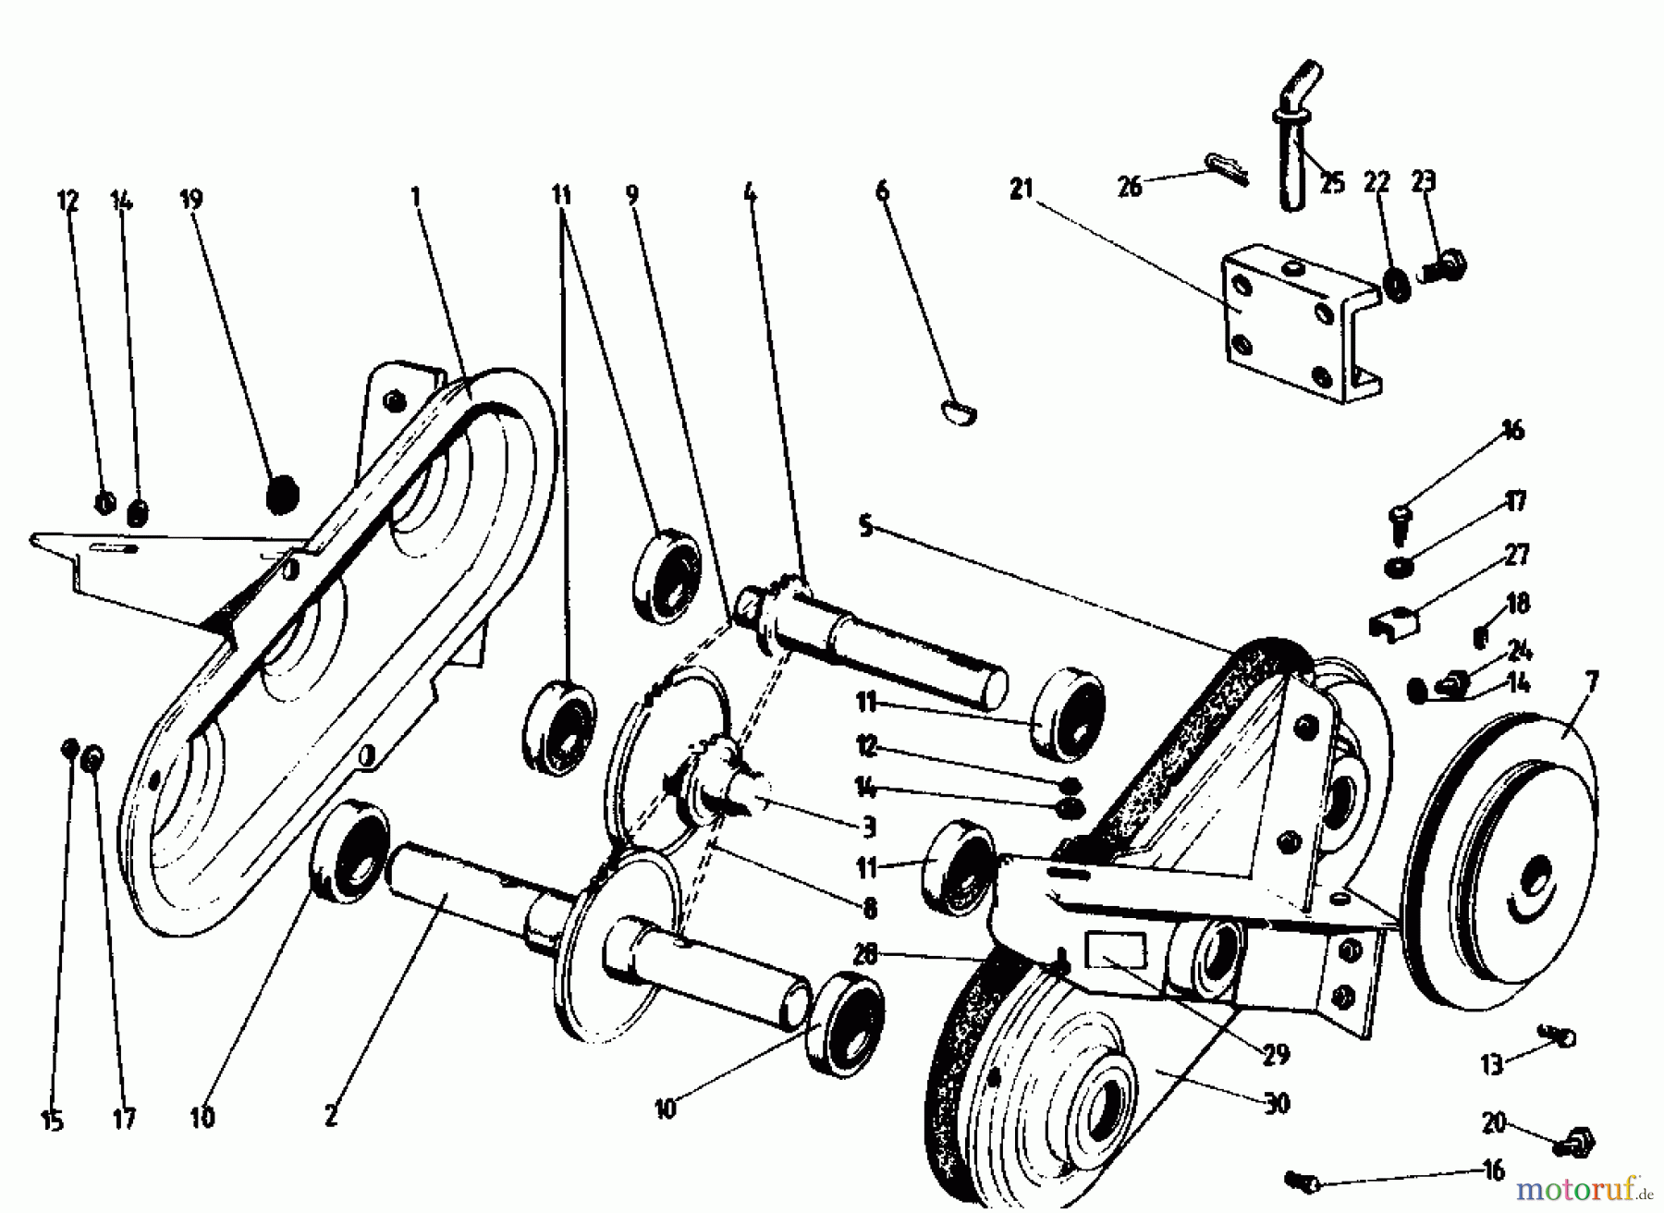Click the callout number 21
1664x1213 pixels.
pyautogui.click(x=1021, y=190)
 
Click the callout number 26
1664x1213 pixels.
pyautogui.click(x=1130, y=187)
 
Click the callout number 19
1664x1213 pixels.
pyautogui.click(x=191, y=200)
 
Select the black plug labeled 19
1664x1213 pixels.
pyautogui.click(x=284, y=494)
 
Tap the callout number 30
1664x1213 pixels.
pyautogui.click(x=1277, y=1102)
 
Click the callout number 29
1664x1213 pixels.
pyautogui.click(x=1277, y=1055)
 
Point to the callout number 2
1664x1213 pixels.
pyautogui.click(x=332, y=1117)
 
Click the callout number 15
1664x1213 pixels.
pyautogui.click(x=52, y=1122)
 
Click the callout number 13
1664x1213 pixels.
pyautogui.click(x=1492, y=1064)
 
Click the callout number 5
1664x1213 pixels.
pyautogui.click(x=864, y=527)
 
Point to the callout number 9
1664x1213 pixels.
pyautogui.click(x=632, y=194)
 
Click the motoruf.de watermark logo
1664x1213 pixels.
pyautogui.click(x=1585, y=1186)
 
